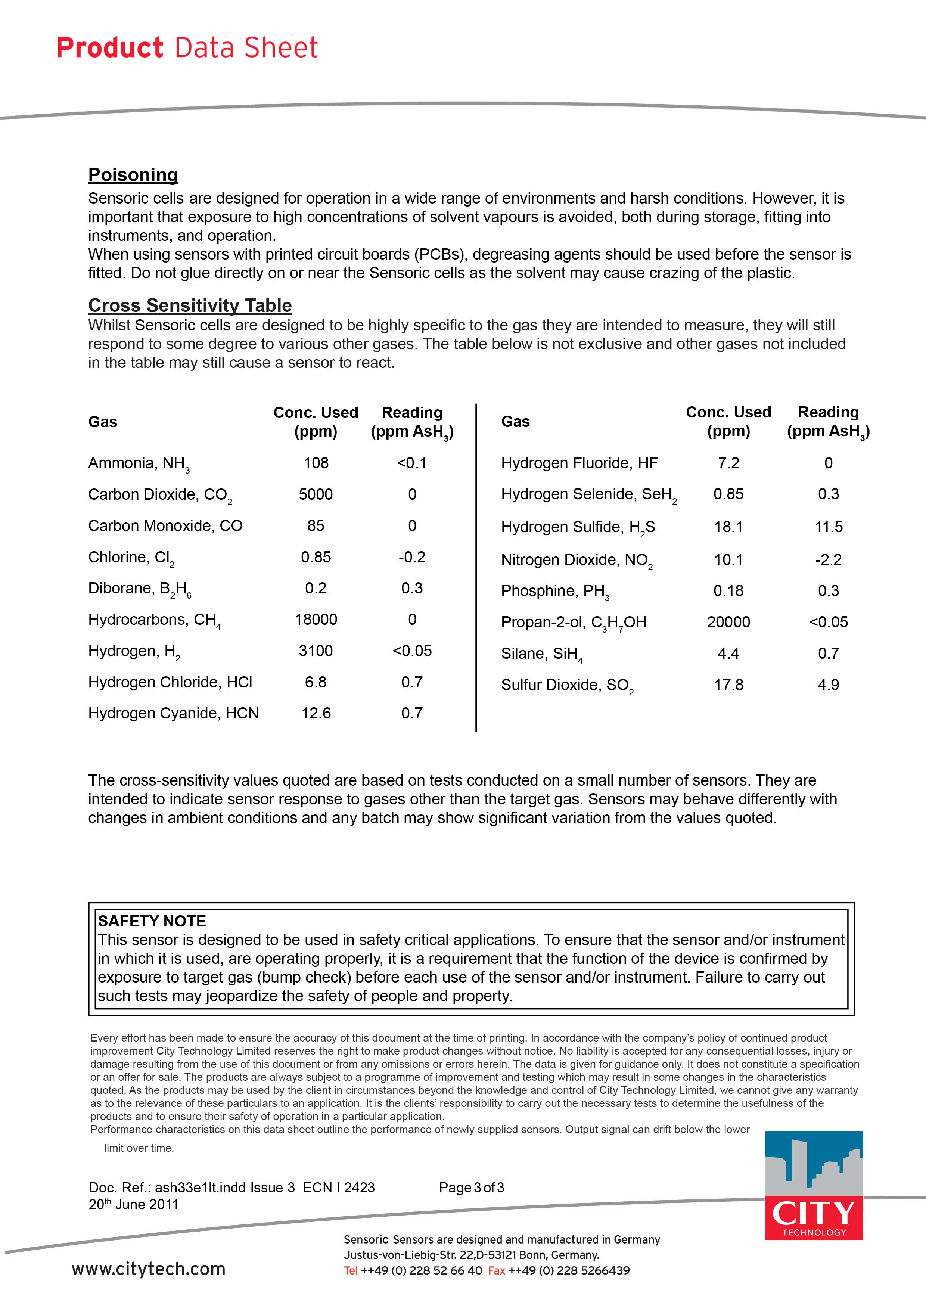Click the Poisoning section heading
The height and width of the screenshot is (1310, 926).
pyautogui.click(x=133, y=175)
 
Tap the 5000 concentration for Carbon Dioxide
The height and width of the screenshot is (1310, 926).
pyautogui.click(x=316, y=494)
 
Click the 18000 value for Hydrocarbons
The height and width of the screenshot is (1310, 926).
pyautogui.click(x=316, y=619)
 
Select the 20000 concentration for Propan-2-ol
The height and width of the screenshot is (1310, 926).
pyautogui.click(x=728, y=622)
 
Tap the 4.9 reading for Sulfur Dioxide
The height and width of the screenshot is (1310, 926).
pyautogui.click(x=829, y=685)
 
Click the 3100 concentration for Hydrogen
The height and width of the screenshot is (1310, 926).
pyautogui.click(x=316, y=651)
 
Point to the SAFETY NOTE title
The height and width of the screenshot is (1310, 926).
pyautogui.click(x=152, y=921)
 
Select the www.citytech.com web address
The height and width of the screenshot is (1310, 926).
pyautogui.click(x=148, y=1269)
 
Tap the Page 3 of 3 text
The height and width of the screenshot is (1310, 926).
pyautogui.click(x=471, y=1188)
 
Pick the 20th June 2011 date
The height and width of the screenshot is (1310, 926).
pyautogui.click(x=134, y=1204)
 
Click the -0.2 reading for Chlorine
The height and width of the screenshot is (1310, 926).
pyautogui.click(x=412, y=557)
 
